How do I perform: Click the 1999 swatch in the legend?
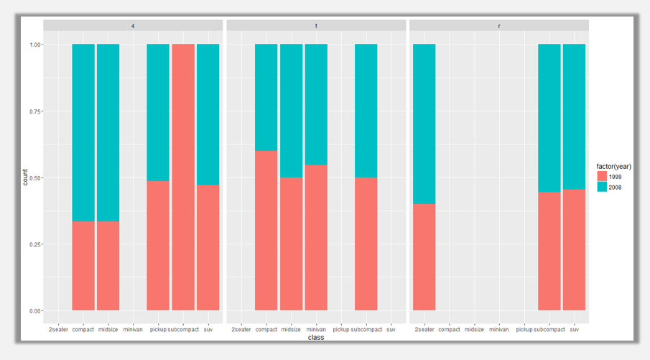click(x=602, y=176)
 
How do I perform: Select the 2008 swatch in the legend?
click(x=602, y=187)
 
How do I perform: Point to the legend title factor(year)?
click(x=613, y=166)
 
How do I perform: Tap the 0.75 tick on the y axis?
click(x=36, y=111)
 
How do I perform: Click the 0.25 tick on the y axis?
click(x=36, y=244)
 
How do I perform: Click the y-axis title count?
click(x=25, y=177)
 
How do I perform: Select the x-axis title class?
click(x=316, y=337)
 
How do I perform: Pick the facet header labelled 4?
click(x=133, y=25)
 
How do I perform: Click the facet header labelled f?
click(x=316, y=25)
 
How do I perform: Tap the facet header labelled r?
click(x=499, y=25)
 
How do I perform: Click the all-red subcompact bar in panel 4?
click(x=183, y=177)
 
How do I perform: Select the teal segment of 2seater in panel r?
click(x=424, y=124)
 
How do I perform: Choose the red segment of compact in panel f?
click(x=266, y=231)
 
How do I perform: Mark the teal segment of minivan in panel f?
click(x=316, y=104)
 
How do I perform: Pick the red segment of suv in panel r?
click(x=574, y=249)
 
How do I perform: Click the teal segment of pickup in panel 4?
click(x=158, y=112)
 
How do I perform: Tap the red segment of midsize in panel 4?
click(x=108, y=266)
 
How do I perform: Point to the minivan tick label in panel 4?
click(x=133, y=329)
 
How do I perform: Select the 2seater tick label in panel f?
click(x=241, y=329)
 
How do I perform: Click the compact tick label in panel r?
click(x=450, y=329)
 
